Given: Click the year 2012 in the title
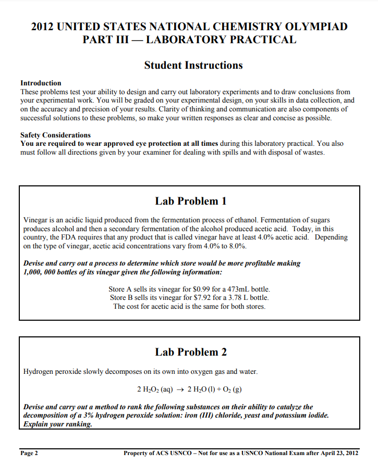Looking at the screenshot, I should tap(43, 27).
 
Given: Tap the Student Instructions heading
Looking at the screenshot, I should tap(193, 65).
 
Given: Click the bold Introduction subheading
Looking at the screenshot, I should tap(41, 83).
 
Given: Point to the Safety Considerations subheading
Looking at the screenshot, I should tap(55, 135).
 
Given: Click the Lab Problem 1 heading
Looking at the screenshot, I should tap(191, 201).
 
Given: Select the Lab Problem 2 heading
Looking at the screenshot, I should tap(191, 352).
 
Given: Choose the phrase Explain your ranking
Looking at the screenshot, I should tap(58, 424).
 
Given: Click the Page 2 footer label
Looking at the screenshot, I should tap(29, 453).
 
